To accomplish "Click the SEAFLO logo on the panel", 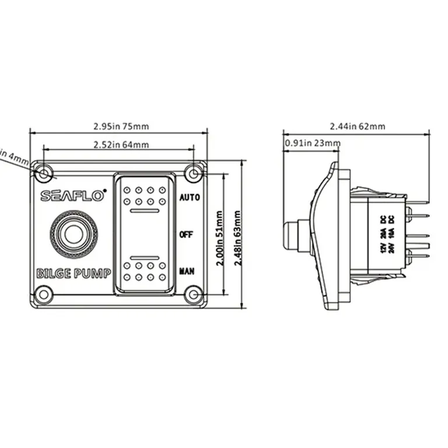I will coord(73,196).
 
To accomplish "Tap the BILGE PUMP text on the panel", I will coord(73,273).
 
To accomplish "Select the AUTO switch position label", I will coord(190,198).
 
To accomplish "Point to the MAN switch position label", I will coord(187,271).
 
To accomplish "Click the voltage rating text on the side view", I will coord(387,233).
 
